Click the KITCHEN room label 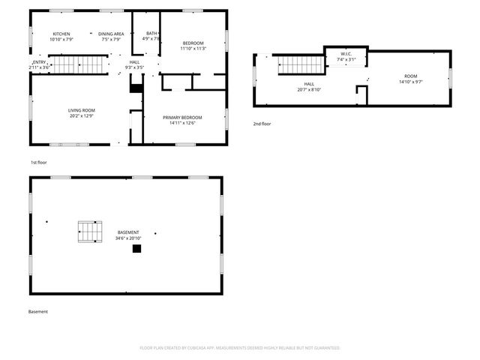coord(61,34)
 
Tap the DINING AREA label coord(111,34)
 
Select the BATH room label coord(151,34)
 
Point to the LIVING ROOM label coord(82,110)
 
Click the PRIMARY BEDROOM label coord(183,118)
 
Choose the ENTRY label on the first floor coord(39,62)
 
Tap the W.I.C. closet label coord(346,54)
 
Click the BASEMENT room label coord(128,232)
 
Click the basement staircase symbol coord(90,232)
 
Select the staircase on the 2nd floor coord(301,65)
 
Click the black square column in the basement coord(136,249)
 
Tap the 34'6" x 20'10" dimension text coord(128,238)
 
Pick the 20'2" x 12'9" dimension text coord(82,115)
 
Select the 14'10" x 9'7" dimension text coord(411,82)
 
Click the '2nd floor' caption coord(262,123)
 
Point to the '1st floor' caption coord(38,162)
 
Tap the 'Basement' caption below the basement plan coord(38,311)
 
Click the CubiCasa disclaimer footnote coord(240,348)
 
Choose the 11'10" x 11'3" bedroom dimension coord(194,49)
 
